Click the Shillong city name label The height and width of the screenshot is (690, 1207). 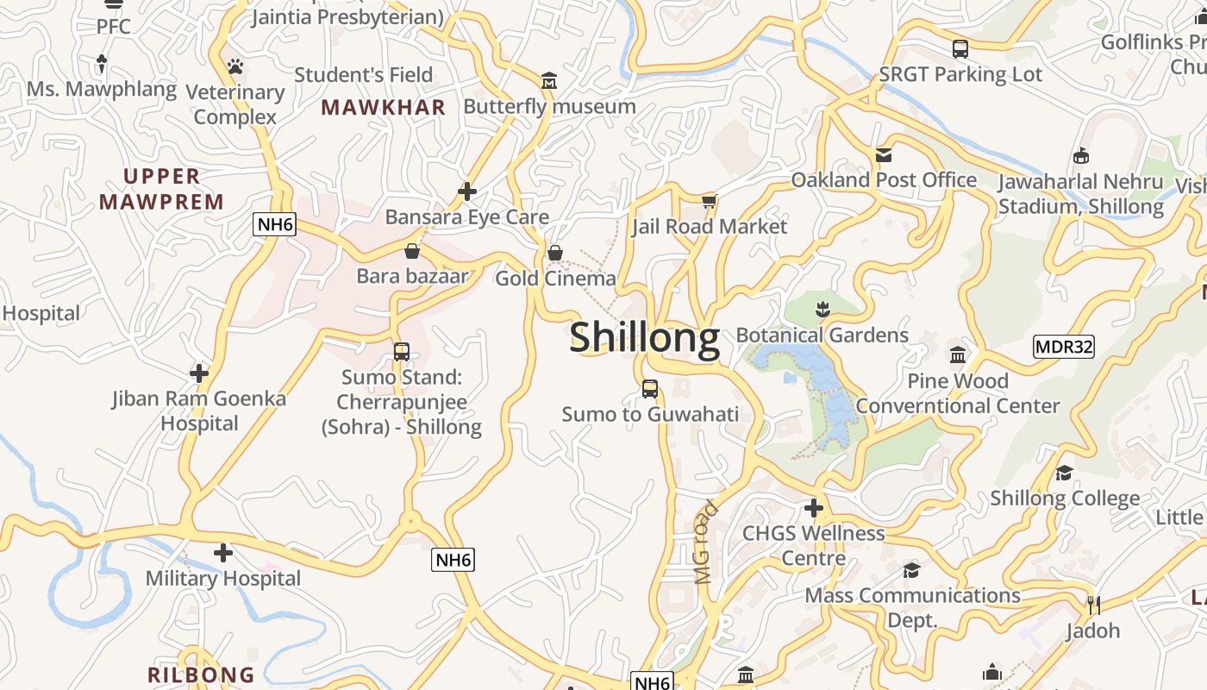coord(644,337)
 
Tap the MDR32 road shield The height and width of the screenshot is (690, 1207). coord(1063,347)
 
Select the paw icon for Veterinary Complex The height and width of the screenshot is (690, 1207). coord(235,66)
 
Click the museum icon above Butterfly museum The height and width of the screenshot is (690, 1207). coord(549,81)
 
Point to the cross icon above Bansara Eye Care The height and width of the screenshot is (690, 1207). coord(467,191)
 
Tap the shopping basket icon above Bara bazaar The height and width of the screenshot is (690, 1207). coord(412,251)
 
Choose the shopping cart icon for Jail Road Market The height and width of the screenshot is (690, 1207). coord(709,201)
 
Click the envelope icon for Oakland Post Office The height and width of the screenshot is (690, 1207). coord(884,154)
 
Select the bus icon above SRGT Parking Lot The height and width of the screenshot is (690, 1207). coord(960,49)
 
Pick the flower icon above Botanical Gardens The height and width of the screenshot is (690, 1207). coord(822,309)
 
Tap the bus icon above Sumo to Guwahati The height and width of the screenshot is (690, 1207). coord(650,389)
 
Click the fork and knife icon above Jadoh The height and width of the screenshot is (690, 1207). coord(1092,605)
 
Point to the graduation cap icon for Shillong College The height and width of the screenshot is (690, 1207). coord(1065,473)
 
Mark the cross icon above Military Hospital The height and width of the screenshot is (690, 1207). coord(223,553)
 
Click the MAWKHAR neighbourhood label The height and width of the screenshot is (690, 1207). coord(383,107)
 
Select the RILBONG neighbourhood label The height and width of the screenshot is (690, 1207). coord(201,674)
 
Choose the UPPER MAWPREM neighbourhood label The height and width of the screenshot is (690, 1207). coord(161,189)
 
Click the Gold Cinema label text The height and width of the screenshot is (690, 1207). coord(555,278)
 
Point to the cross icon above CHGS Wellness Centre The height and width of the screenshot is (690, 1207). coord(813,507)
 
